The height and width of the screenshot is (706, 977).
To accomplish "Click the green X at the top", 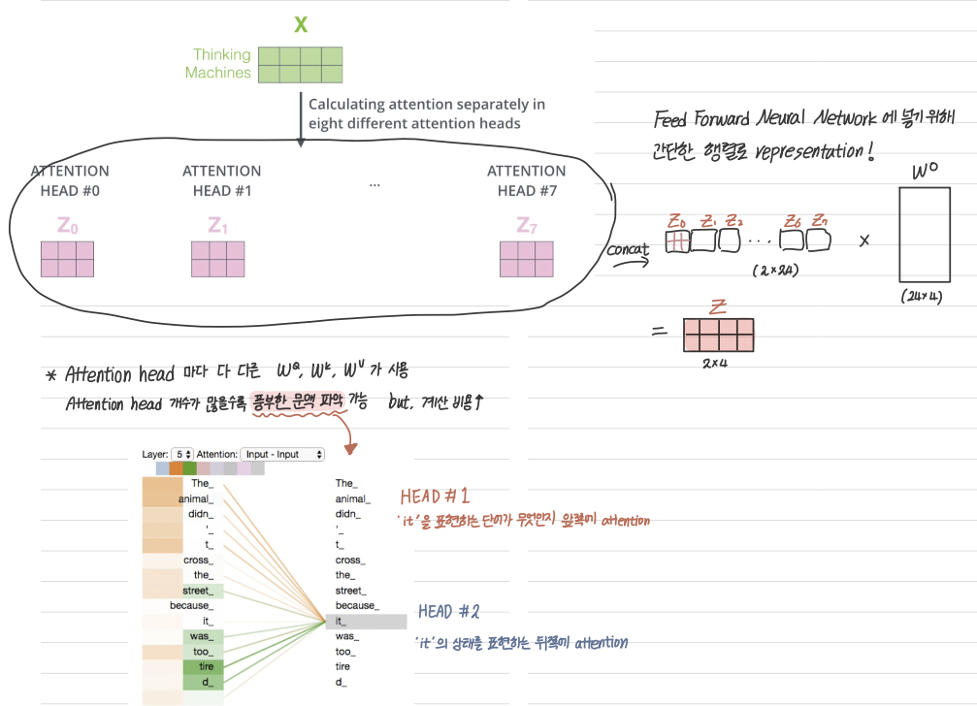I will tap(301, 24).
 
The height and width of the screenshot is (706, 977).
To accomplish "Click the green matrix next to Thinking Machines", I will tap(301, 63).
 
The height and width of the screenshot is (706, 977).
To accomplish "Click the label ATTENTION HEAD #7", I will tap(526, 180).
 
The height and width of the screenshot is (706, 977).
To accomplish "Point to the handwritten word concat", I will tap(628, 250).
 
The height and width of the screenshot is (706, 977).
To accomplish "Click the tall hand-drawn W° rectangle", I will tap(924, 234).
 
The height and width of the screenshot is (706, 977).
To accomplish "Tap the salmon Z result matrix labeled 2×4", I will tap(719, 334).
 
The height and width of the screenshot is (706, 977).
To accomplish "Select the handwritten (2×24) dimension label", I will tap(774, 271).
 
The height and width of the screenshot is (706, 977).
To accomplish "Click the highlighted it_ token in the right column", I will tap(369, 622).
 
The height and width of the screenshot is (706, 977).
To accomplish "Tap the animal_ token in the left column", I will tap(195, 498).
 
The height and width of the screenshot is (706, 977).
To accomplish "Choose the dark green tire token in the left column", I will tap(205, 667).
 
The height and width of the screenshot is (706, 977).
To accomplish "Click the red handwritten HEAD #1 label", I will tap(436, 497).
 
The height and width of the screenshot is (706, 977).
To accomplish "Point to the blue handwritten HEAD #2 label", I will tap(449, 612).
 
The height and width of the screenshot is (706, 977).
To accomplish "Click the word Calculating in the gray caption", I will tap(345, 105).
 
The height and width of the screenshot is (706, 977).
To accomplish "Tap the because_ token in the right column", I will tap(357, 606).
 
